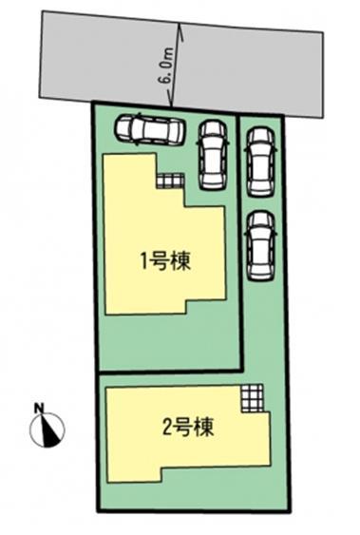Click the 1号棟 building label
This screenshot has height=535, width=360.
pyautogui.click(x=166, y=260)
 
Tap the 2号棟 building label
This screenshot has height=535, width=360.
pyautogui.click(x=188, y=425)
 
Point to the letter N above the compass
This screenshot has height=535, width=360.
pyautogui.click(x=39, y=409)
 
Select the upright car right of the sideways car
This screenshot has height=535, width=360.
pyautogui.click(x=212, y=154)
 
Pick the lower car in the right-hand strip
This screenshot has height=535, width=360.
pyautogui.click(x=260, y=244)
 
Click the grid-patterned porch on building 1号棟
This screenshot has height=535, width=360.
pyautogui.click(x=168, y=180)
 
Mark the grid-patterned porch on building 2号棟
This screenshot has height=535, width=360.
pyautogui.click(x=251, y=396)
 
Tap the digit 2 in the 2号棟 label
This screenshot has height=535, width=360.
pyautogui.click(x=168, y=425)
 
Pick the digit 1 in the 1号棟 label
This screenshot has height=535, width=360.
pyautogui.click(x=146, y=260)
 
